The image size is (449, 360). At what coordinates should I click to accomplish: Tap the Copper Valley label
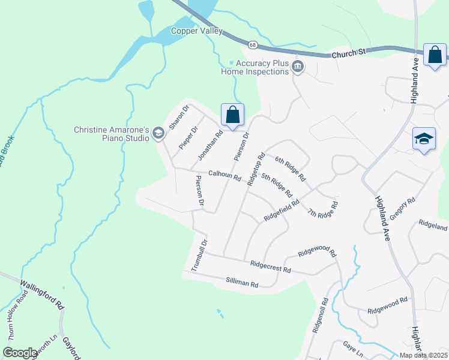point(197,31)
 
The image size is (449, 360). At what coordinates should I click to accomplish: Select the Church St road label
point(349,53)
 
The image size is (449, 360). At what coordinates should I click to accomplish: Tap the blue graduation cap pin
point(424,139)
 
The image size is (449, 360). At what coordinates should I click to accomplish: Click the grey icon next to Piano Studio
point(159,133)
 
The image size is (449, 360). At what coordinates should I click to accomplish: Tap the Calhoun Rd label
point(224,177)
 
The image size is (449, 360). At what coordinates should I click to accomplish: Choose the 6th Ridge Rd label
point(290,169)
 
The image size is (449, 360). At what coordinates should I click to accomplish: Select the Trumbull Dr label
point(199,256)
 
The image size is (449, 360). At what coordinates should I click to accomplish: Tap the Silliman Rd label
point(242,283)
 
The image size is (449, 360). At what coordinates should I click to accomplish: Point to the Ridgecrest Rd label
point(270,266)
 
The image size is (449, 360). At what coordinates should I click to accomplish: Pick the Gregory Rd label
point(403,209)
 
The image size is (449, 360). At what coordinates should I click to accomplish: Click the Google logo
point(20,353)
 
